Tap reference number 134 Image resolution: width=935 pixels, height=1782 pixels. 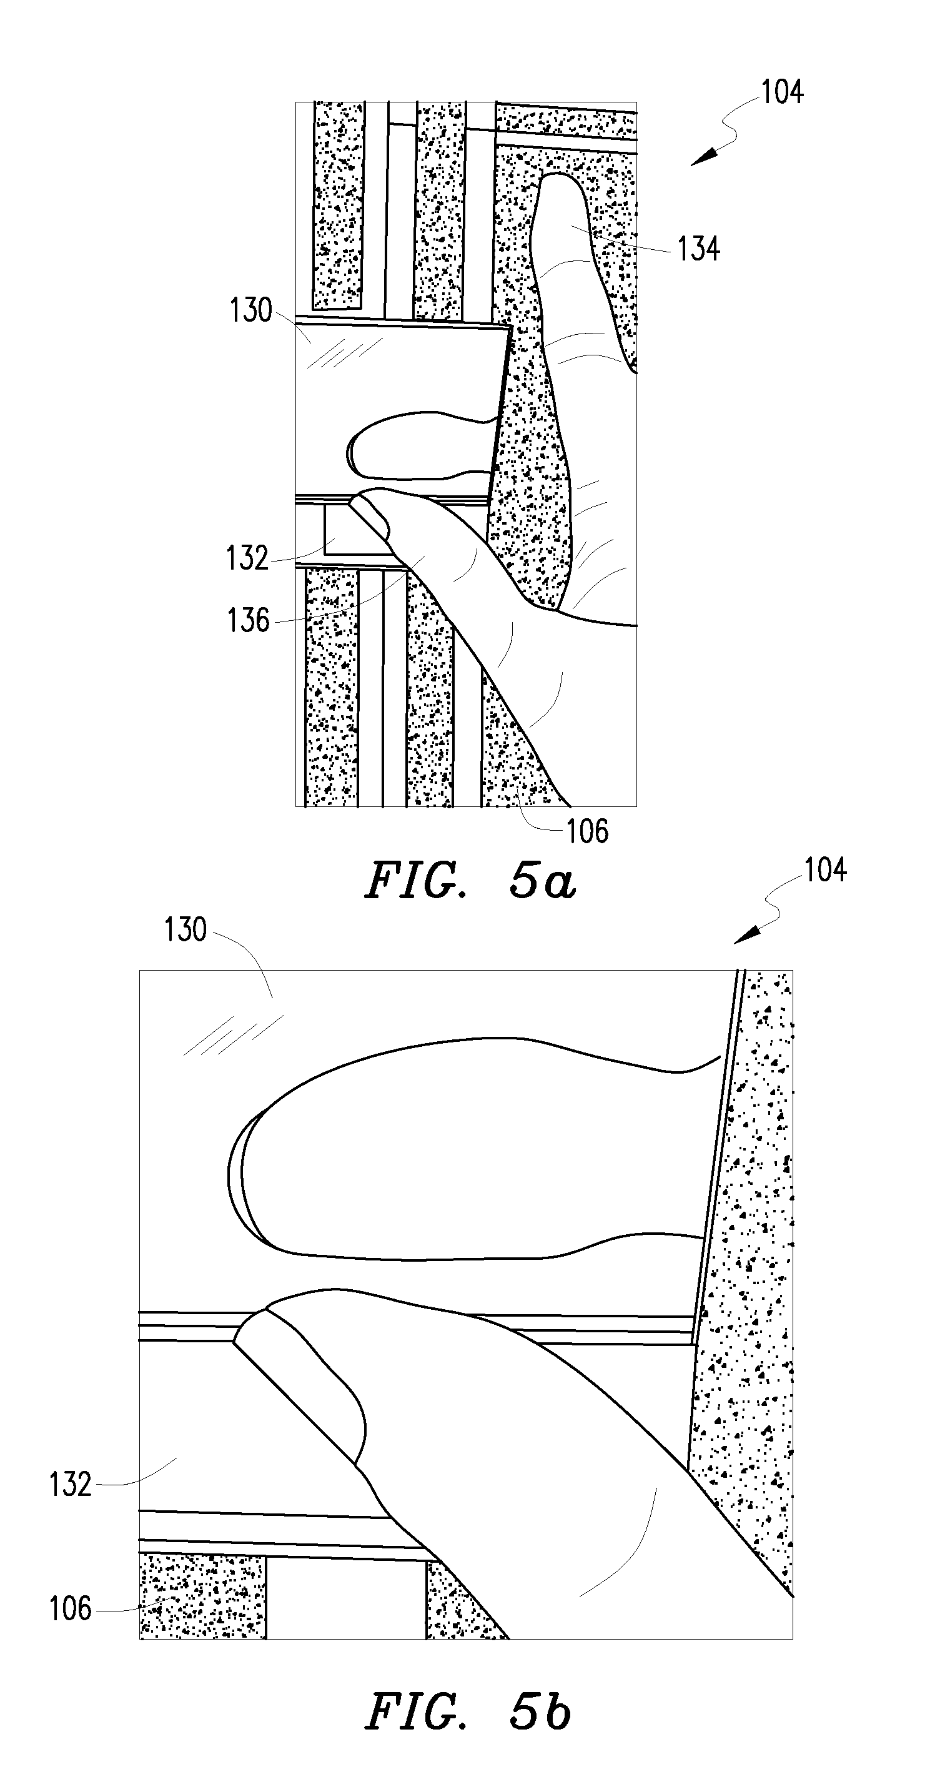pos(698,249)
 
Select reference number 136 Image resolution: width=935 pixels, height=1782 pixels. pos(249,620)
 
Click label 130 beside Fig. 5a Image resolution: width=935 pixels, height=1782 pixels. pos(251,310)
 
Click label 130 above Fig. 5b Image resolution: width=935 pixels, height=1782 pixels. pos(186,930)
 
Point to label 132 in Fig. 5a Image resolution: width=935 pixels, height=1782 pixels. pos(247,558)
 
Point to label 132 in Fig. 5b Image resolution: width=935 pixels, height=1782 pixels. pos(70,1485)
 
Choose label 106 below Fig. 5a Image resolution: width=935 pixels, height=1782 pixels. pos(588,831)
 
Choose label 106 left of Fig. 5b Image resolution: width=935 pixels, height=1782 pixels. pos(70,1609)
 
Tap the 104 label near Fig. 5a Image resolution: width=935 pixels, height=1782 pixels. pos(782,92)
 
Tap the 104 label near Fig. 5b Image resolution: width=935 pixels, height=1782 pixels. pos(825,870)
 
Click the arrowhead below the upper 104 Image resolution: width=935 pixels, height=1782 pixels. pos(703,158)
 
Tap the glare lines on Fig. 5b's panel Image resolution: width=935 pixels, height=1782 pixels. pos(233,1035)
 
